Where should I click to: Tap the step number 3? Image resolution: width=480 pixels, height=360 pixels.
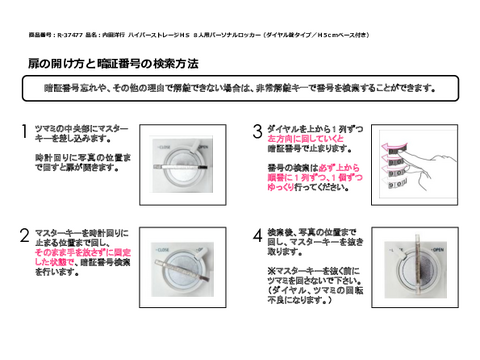click(x=257, y=132)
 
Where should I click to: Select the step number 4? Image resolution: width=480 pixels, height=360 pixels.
click(x=257, y=236)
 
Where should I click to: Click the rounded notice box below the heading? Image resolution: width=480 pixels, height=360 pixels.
click(x=240, y=87)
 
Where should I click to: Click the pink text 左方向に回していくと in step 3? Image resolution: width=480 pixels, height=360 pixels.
click(x=298, y=138)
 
